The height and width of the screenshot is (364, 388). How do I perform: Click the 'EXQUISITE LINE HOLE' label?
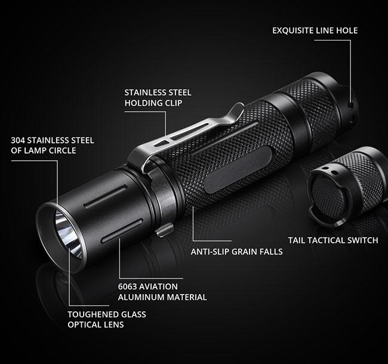click(x=315, y=30)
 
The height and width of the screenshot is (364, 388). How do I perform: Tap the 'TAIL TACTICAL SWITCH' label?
click(x=333, y=240)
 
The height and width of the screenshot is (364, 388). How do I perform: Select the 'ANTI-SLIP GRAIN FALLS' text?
click(x=236, y=252)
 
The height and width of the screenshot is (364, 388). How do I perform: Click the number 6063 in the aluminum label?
click(x=127, y=287)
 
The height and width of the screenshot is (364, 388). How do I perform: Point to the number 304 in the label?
click(x=18, y=140)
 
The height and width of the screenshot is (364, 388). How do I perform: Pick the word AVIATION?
click(x=158, y=287)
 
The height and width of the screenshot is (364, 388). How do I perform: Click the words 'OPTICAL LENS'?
click(x=96, y=325)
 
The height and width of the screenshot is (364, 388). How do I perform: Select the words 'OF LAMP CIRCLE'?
click(x=44, y=151)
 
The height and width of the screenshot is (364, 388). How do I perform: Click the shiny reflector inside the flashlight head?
click(x=69, y=234)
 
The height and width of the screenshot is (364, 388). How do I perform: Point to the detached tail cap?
click(x=346, y=186)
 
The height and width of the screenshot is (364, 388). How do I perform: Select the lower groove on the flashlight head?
click(x=122, y=230)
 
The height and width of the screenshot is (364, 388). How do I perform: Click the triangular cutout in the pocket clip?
click(x=162, y=143)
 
